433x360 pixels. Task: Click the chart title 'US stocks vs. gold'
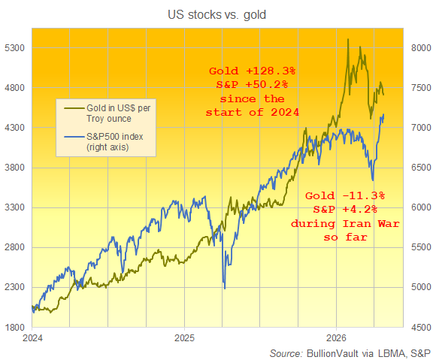(217, 14)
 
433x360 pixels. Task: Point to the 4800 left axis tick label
(15, 88)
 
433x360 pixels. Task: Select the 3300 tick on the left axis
(15, 207)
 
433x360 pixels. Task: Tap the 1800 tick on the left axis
(15, 327)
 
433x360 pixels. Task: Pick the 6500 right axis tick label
(419, 168)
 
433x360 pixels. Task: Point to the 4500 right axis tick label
(419, 327)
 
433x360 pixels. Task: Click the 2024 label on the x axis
(32, 338)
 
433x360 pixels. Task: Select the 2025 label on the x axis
(184, 338)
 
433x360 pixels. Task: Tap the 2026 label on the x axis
(335, 338)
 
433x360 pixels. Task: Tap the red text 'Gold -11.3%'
(347, 196)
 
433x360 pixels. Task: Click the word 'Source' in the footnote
(286, 352)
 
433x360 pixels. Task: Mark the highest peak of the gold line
(348, 39)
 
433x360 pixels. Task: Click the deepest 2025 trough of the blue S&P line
(224, 287)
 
